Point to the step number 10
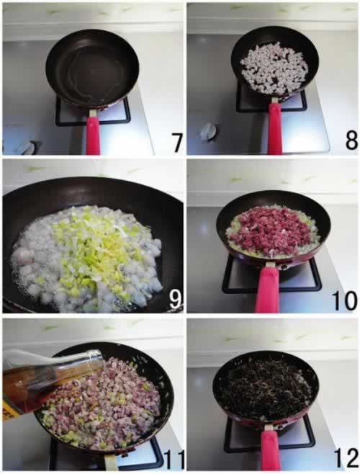point(345,300)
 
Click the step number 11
point(174,459)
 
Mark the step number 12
point(346,458)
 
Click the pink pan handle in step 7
point(93,135)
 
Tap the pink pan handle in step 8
point(274,129)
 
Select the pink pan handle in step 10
point(267,290)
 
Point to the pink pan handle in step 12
point(270,450)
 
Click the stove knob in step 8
point(208,130)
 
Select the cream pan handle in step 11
point(111,462)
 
